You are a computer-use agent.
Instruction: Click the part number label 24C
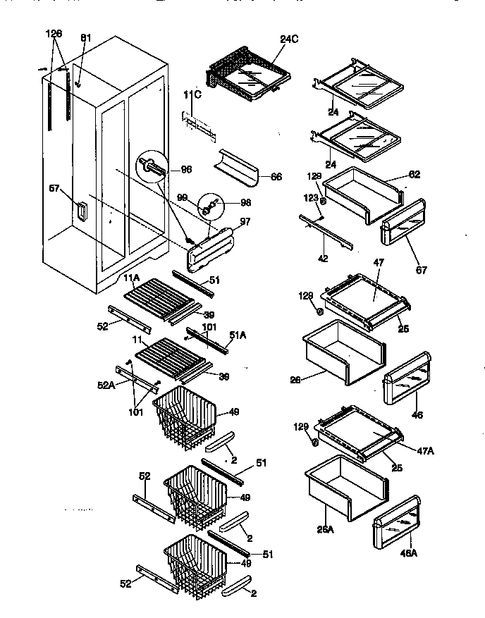290,39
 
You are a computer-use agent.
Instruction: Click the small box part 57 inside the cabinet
82,211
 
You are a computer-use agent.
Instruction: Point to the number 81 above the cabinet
85,37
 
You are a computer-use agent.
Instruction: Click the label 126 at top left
54,33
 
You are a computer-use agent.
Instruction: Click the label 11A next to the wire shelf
133,279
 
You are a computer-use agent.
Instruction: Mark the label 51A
237,335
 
